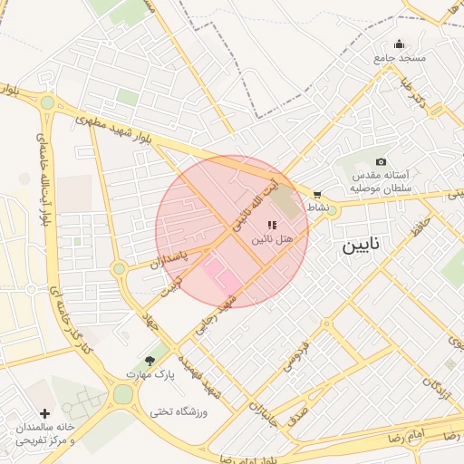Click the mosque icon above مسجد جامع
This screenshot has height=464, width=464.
(x=399, y=43)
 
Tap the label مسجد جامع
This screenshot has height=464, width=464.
(x=399, y=58)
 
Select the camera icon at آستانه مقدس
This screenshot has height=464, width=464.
(x=380, y=160)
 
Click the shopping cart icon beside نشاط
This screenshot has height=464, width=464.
(x=316, y=194)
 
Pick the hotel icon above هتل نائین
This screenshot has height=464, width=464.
(x=272, y=224)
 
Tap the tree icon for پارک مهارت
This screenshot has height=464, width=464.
(x=150, y=360)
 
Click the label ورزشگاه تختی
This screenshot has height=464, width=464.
(x=179, y=412)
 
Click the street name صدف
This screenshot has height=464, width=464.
(x=297, y=417)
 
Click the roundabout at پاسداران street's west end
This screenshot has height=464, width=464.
(x=119, y=268)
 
